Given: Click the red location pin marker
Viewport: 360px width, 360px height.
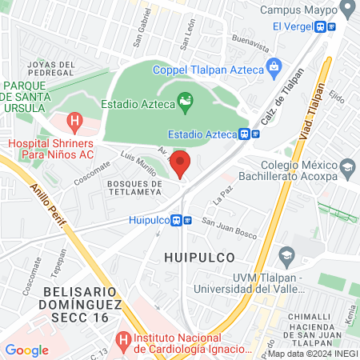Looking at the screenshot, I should (x=181, y=163).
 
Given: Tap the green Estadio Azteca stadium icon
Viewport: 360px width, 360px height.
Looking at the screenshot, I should (x=185, y=102).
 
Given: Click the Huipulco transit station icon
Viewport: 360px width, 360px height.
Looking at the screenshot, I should (x=186, y=221).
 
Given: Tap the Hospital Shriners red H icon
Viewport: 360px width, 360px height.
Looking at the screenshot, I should (x=75, y=122).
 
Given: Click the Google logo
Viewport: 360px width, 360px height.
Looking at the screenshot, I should (x=26, y=350).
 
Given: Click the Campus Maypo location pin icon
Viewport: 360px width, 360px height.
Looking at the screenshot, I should (x=346, y=10).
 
